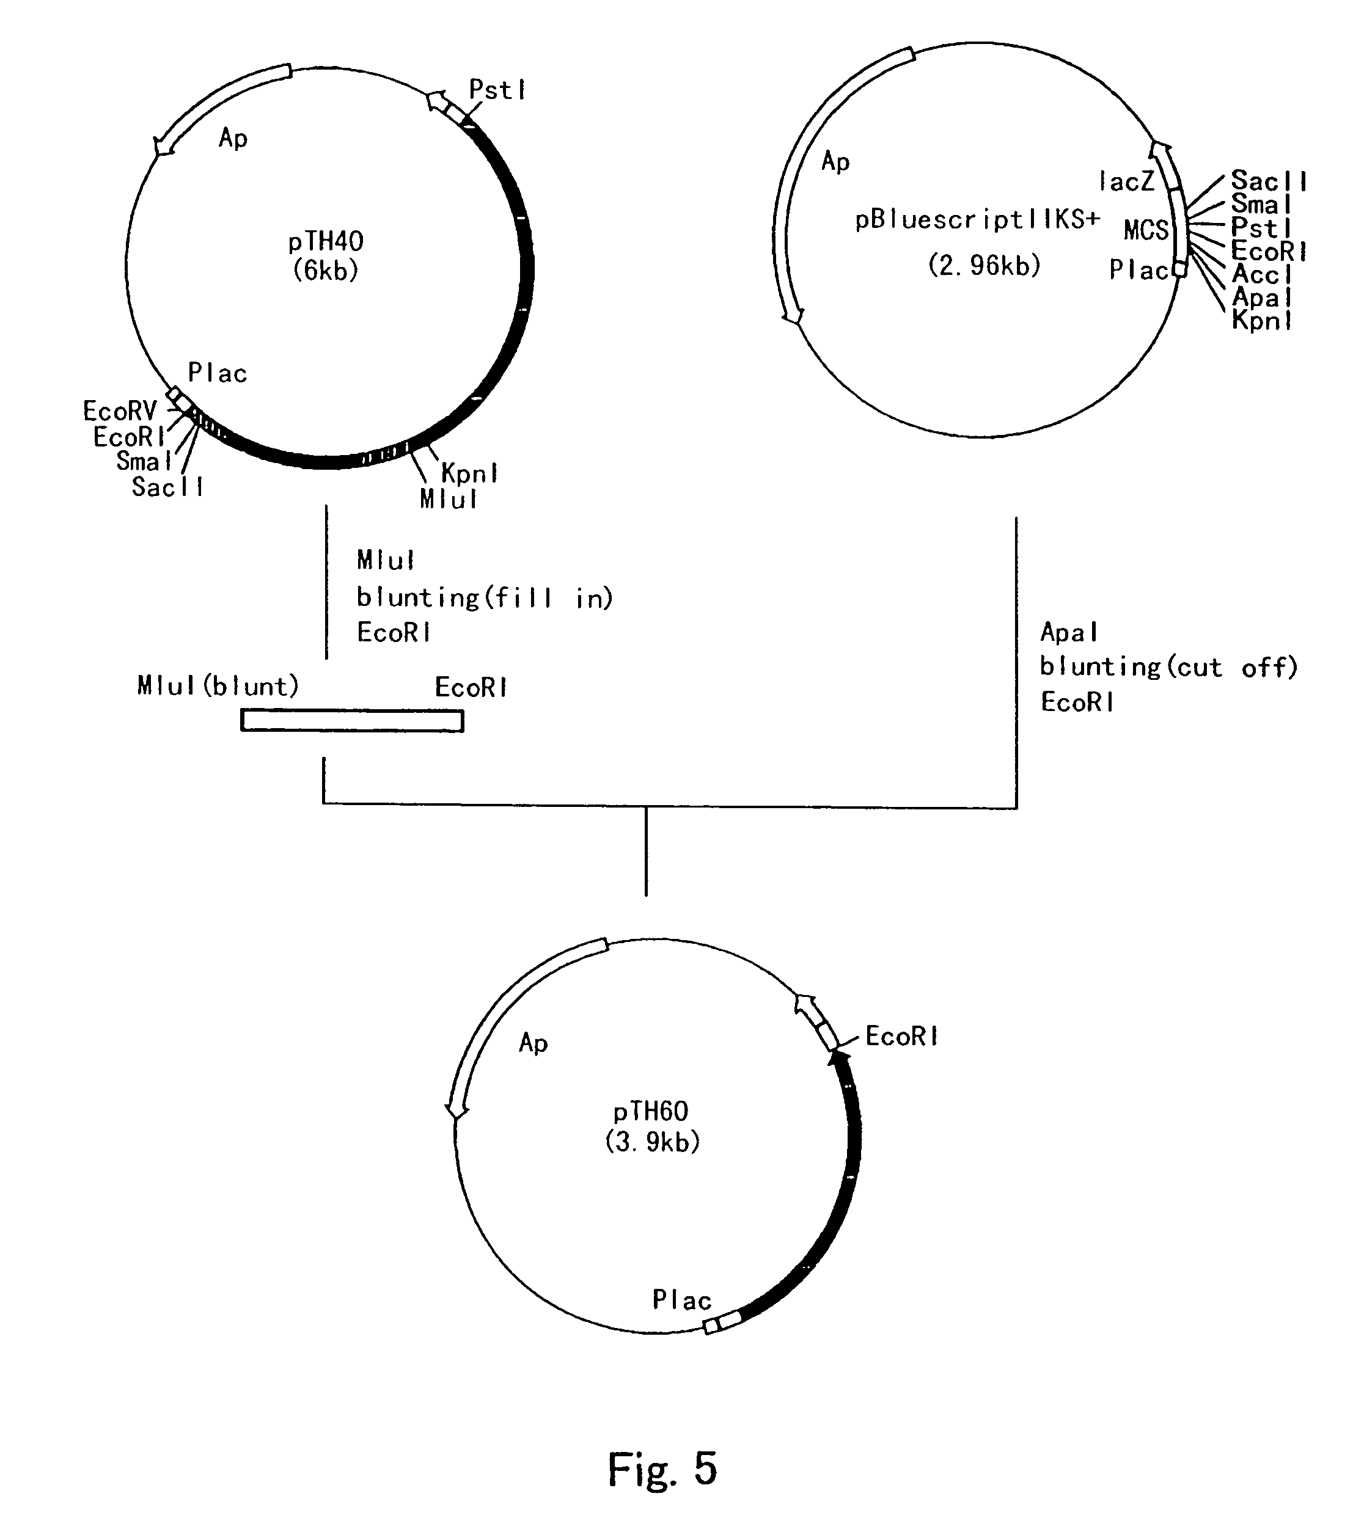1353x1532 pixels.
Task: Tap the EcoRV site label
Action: click(x=120, y=410)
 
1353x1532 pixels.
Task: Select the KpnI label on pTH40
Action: click(x=469, y=473)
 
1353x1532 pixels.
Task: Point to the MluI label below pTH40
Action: click(x=449, y=499)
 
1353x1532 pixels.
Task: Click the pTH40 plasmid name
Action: click(x=326, y=241)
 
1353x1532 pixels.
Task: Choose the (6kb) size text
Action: click(x=326, y=270)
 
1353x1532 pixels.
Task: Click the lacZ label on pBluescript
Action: click(x=1126, y=181)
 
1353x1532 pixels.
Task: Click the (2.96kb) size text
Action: click(x=985, y=264)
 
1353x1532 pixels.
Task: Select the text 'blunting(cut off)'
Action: click(x=1169, y=666)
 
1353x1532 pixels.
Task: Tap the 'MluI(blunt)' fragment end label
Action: click(x=218, y=686)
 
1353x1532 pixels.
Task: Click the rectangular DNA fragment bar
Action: click(x=353, y=720)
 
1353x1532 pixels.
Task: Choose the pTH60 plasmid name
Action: click(x=651, y=1111)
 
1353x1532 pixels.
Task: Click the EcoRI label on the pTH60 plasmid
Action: click(x=901, y=1037)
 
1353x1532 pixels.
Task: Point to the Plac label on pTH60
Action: click(x=682, y=1300)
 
